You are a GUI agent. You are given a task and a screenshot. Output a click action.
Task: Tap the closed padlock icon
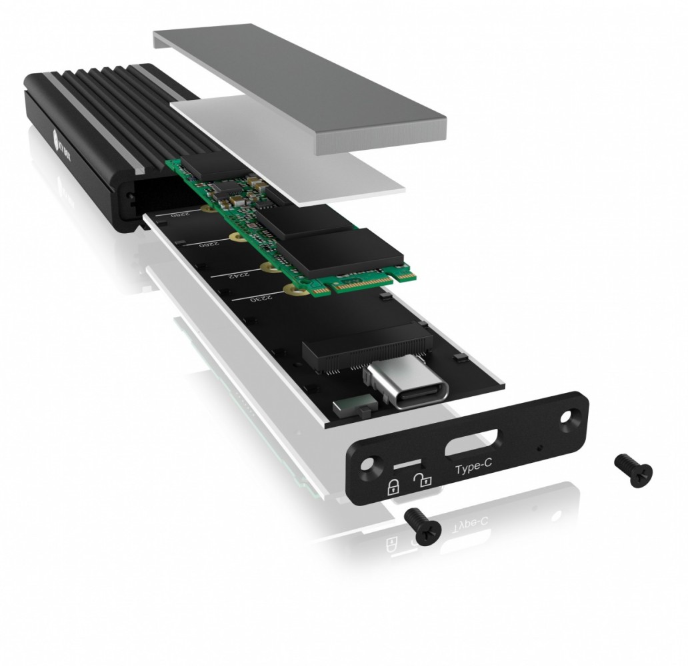[x=394, y=486]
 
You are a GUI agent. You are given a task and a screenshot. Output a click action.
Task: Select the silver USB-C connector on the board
[x=400, y=390]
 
